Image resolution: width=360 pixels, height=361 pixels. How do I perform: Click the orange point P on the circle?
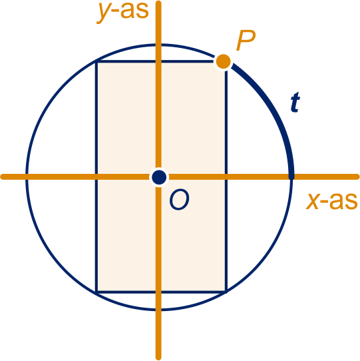click(223, 61)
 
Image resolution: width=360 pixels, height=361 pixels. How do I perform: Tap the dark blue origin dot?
click(159, 177)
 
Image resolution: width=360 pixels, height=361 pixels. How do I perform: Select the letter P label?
click(246, 41)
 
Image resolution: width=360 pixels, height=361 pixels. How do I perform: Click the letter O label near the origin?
click(180, 199)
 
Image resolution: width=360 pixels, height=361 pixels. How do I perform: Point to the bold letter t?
click(295, 102)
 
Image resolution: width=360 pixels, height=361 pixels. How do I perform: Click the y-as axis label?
click(123, 12)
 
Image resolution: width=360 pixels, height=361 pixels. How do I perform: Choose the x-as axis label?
click(331, 201)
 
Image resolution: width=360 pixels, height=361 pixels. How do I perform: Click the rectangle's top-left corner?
click(96, 61)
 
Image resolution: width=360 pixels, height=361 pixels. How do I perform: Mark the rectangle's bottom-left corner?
click(96, 292)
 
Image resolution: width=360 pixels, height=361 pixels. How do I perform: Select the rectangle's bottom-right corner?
click(226, 292)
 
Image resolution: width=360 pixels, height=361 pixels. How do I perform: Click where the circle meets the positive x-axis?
click(291, 177)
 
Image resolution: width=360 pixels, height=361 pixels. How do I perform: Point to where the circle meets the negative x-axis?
click(27, 177)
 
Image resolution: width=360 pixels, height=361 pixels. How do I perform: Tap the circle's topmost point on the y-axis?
click(159, 45)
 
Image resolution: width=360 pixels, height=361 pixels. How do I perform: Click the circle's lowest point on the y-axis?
click(159, 310)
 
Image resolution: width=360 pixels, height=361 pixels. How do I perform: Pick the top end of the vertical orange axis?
click(158, 2)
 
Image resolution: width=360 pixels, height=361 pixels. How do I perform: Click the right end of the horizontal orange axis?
click(358, 177)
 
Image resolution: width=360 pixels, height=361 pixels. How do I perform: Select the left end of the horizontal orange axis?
click(2, 177)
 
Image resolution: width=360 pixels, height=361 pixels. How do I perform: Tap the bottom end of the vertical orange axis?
click(158, 359)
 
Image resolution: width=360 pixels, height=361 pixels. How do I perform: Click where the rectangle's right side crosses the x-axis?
click(226, 177)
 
